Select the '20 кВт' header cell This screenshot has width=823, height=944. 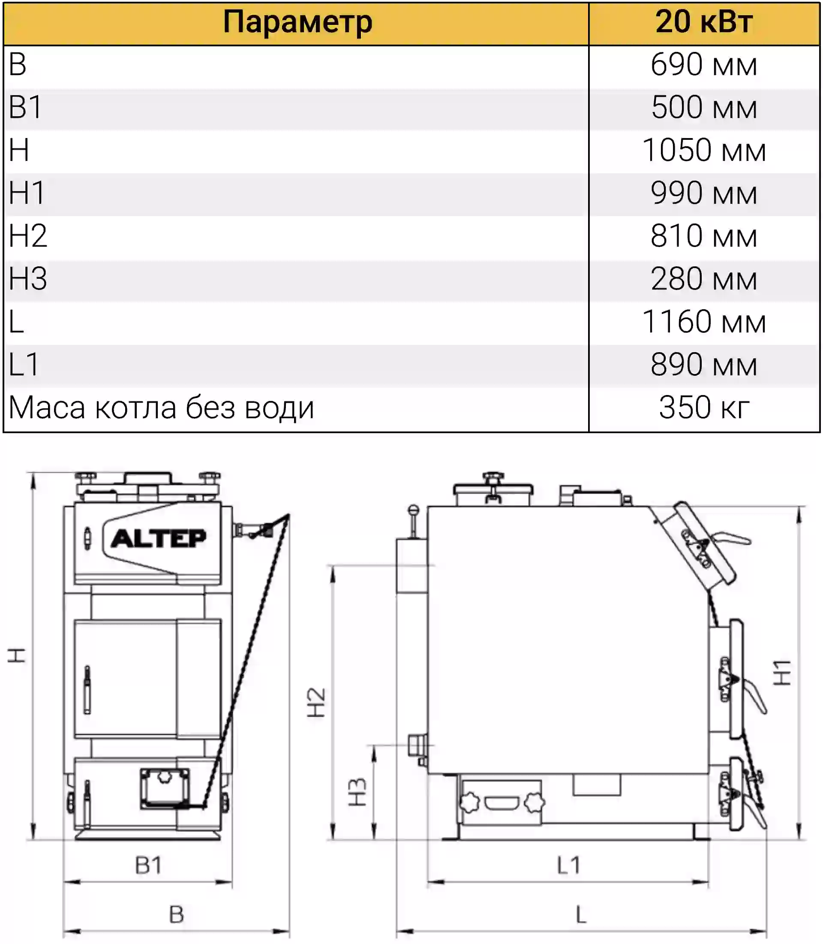tap(704, 21)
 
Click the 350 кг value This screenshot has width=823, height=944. tap(704, 407)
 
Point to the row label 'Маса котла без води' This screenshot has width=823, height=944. tap(161, 407)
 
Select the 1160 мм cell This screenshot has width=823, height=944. tap(704, 321)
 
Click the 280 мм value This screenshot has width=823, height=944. tap(704, 278)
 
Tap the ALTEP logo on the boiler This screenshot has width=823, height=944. tap(159, 539)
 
